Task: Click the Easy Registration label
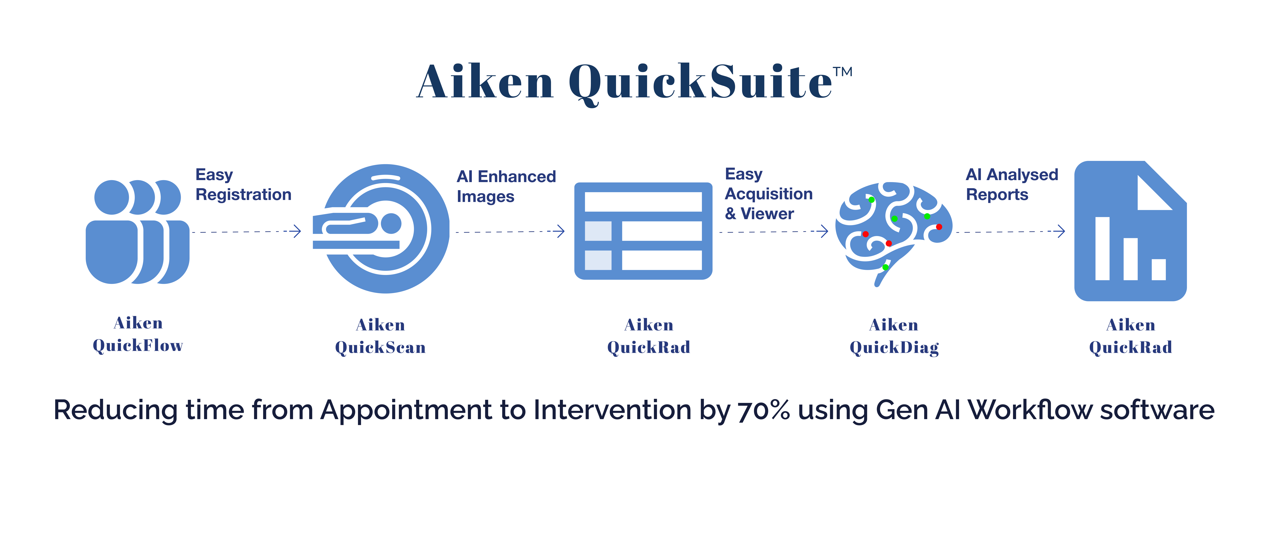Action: [243, 185]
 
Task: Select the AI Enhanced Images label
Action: [506, 186]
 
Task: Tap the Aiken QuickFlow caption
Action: [138, 334]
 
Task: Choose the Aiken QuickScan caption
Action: [380, 336]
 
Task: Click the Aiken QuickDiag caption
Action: [894, 336]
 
